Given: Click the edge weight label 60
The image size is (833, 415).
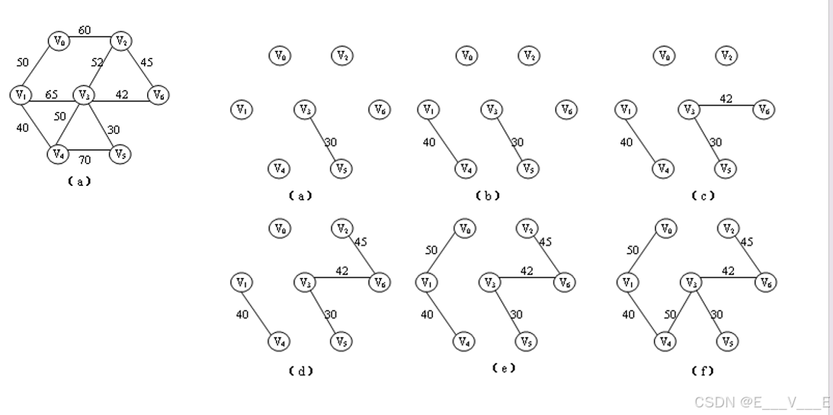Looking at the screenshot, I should (x=85, y=30).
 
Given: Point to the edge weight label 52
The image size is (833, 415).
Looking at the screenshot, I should (x=97, y=62).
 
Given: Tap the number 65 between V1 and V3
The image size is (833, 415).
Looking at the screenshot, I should (x=51, y=95).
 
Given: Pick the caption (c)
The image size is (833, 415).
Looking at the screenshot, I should (x=703, y=196).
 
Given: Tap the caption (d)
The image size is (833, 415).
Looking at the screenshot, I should (x=301, y=371).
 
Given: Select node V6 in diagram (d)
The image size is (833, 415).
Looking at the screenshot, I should (x=379, y=283).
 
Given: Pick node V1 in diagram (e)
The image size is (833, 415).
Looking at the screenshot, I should (x=425, y=283).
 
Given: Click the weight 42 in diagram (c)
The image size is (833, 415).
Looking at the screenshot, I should (x=726, y=98).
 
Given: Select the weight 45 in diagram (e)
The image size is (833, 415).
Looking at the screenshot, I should (x=546, y=242).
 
